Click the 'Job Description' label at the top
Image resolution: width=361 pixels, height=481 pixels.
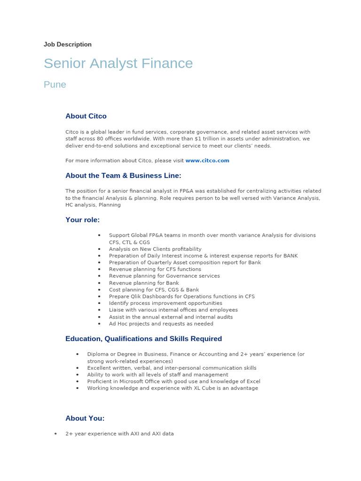coord(67,45)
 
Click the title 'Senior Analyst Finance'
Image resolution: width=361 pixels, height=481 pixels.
coord(118,63)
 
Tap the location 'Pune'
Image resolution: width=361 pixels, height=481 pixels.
coord(55,85)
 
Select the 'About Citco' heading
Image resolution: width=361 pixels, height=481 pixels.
coord(86,116)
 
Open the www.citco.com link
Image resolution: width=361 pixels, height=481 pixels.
coord(207,161)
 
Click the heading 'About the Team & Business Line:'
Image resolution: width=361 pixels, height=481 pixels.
coord(123,176)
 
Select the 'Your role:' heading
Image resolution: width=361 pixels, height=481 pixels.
coord(82,220)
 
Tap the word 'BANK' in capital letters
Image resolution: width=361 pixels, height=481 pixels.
coord(290,256)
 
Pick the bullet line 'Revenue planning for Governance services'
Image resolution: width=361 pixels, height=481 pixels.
coord(164,276)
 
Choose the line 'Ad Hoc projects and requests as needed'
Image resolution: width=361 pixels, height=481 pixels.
coord(161,324)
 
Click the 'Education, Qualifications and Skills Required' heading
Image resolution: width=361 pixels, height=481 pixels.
coord(143,339)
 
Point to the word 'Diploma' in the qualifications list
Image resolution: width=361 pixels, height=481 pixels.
coord(97,354)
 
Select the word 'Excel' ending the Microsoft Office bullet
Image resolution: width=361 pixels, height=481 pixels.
coord(253,381)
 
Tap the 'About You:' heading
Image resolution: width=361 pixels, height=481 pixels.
coord(85,418)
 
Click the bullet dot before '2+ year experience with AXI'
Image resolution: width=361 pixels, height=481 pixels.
coord(55,434)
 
